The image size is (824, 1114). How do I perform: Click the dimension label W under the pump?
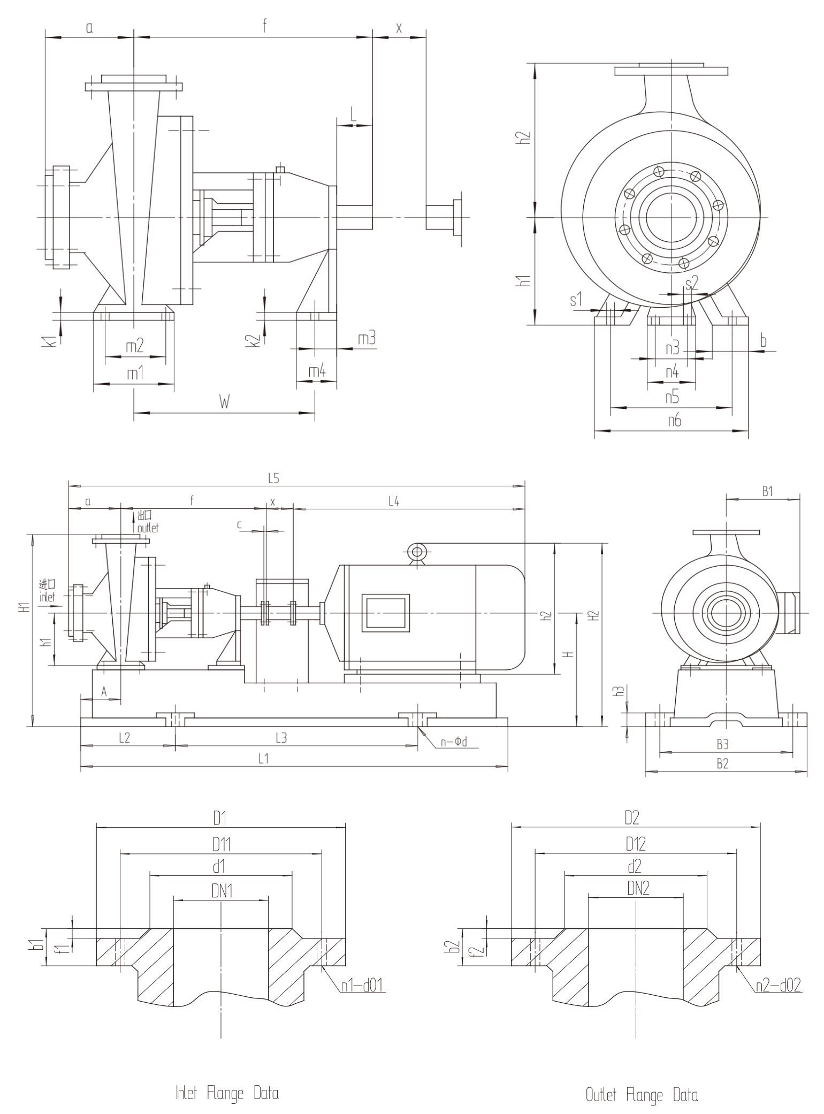point(225,402)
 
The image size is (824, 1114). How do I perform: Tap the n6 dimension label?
point(675,421)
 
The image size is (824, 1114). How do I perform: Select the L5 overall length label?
point(273,479)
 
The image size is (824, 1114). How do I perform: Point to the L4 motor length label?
point(393,501)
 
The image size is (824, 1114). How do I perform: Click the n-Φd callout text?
point(454,742)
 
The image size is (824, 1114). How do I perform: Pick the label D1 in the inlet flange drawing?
point(220,818)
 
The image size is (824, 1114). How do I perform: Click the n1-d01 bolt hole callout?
point(362,985)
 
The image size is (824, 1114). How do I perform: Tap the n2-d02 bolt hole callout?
point(779,985)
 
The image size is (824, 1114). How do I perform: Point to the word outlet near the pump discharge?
point(148,528)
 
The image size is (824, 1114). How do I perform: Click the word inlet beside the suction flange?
point(47,597)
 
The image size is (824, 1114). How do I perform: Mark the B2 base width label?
point(722,764)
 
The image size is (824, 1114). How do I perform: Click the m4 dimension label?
point(317,371)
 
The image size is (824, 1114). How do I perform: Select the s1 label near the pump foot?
point(576,300)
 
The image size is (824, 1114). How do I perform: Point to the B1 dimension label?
point(768,491)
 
